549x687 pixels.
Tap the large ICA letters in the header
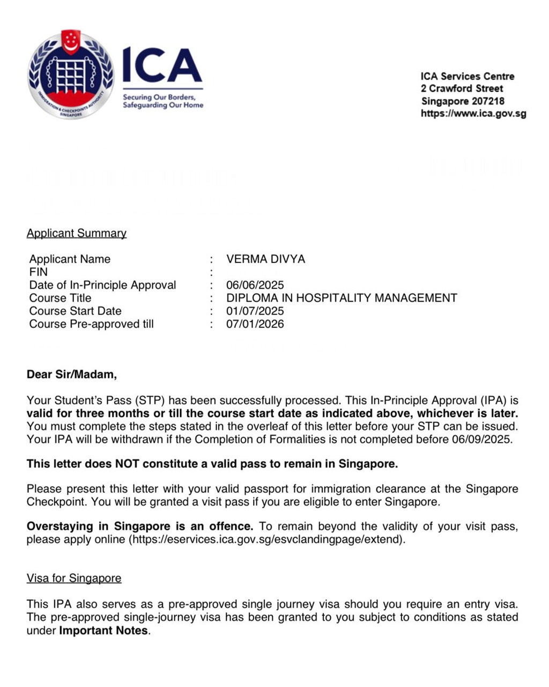(x=162, y=65)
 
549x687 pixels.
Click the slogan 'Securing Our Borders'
(x=159, y=97)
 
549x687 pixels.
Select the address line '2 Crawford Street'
(x=462, y=89)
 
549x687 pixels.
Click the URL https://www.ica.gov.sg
(x=473, y=114)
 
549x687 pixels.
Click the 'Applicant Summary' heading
(x=77, y=233)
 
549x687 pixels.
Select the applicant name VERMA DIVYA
(x=265, y=259)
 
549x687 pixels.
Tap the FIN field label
(x=39, y=272)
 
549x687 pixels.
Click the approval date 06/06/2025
(x=255, y=285)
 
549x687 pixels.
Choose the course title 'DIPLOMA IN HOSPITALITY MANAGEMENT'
(x=342, y=298)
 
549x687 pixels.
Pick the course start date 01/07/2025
(x=255, y=311)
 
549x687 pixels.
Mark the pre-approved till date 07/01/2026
(x=255, y=324)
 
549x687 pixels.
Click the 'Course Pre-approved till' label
(x=91, y=324)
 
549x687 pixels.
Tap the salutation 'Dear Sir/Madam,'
(x=72, y=375)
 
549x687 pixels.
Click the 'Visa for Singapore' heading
(x=74, y=579)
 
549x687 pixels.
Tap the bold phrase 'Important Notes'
(x=103, y=631)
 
